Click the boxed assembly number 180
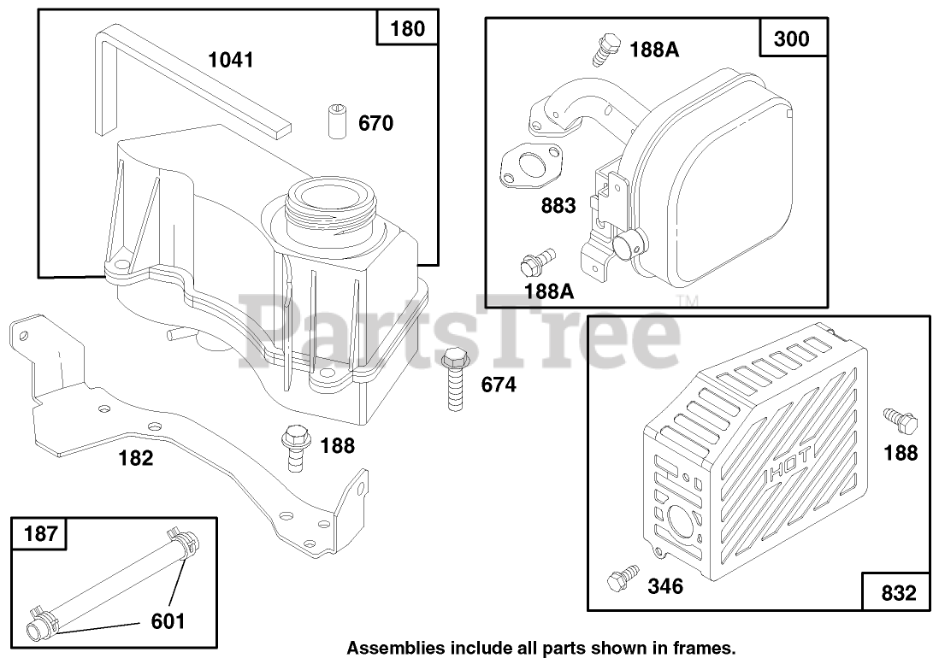click(407, 28)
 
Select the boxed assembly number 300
click(790, 38)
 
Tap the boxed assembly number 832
click(895, 592)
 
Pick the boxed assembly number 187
click(41, 535)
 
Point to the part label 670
click(375, 124)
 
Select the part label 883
click(558, 205)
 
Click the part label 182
click(136, 458)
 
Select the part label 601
click(168, 621)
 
